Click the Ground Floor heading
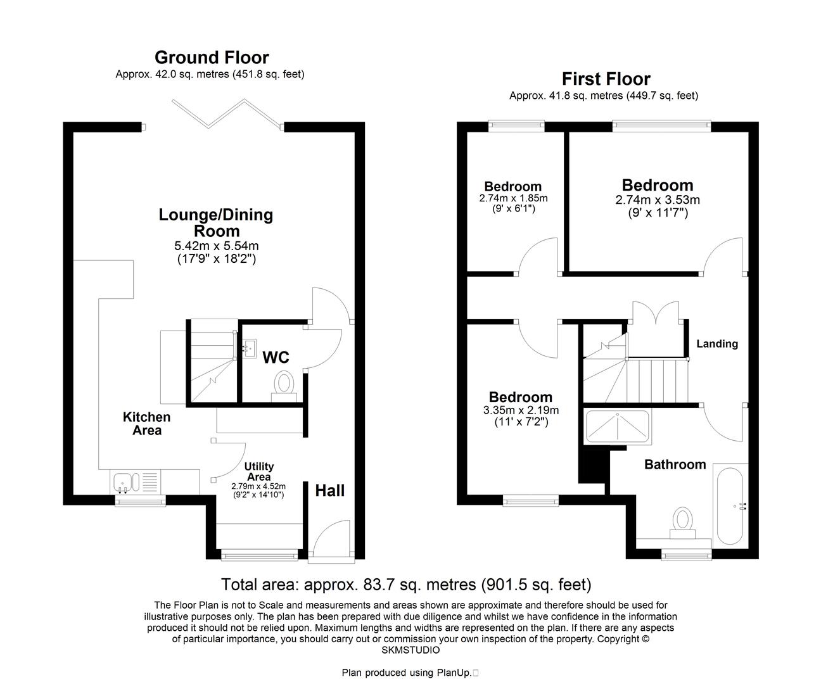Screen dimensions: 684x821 coord(212,58)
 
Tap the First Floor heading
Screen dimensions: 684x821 coord(606,79)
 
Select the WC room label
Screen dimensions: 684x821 coord(276,358)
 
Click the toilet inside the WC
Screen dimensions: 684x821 coord(284,385)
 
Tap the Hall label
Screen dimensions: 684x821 coord(330,490)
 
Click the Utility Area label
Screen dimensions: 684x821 coord(259,472)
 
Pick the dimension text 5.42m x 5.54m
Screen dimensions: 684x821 coord(216,246)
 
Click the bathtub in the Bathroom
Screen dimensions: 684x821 coord(730,506)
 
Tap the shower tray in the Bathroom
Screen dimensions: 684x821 coord(618,426)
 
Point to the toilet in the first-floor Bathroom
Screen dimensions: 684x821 coord(682,521)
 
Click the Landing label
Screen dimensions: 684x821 coord(717,344)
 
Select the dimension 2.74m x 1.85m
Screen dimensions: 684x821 coord(513,198)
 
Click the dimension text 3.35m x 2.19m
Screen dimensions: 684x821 coord(521,410)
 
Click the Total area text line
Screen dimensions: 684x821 coord(405,584)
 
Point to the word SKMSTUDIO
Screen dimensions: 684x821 coord(410,650)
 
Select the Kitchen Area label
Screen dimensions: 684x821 coord(146,424)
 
